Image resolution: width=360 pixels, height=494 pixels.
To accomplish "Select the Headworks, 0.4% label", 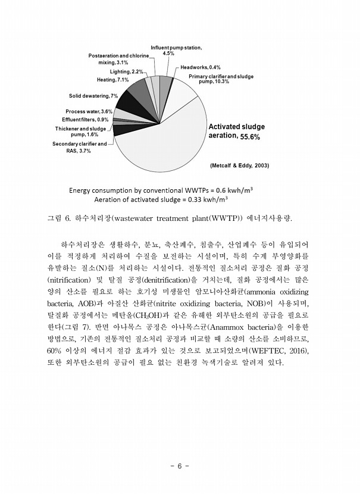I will click(201, 67).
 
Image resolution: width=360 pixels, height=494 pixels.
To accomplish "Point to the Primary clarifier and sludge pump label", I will click(221, 79).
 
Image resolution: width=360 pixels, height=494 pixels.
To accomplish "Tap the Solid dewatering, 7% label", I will click(93, 96).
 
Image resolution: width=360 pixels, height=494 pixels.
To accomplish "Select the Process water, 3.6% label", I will click(89, 111).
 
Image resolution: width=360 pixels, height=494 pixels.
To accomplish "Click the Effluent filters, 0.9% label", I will click(86, 119).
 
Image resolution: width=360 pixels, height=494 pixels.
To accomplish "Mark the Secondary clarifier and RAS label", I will click(79, 148).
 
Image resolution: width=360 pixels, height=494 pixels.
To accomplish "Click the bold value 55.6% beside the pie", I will click(250, 137).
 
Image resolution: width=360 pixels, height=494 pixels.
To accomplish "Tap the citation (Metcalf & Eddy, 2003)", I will click(236, 165).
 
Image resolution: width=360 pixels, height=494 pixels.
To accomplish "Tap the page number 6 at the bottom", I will click(180, 465).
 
